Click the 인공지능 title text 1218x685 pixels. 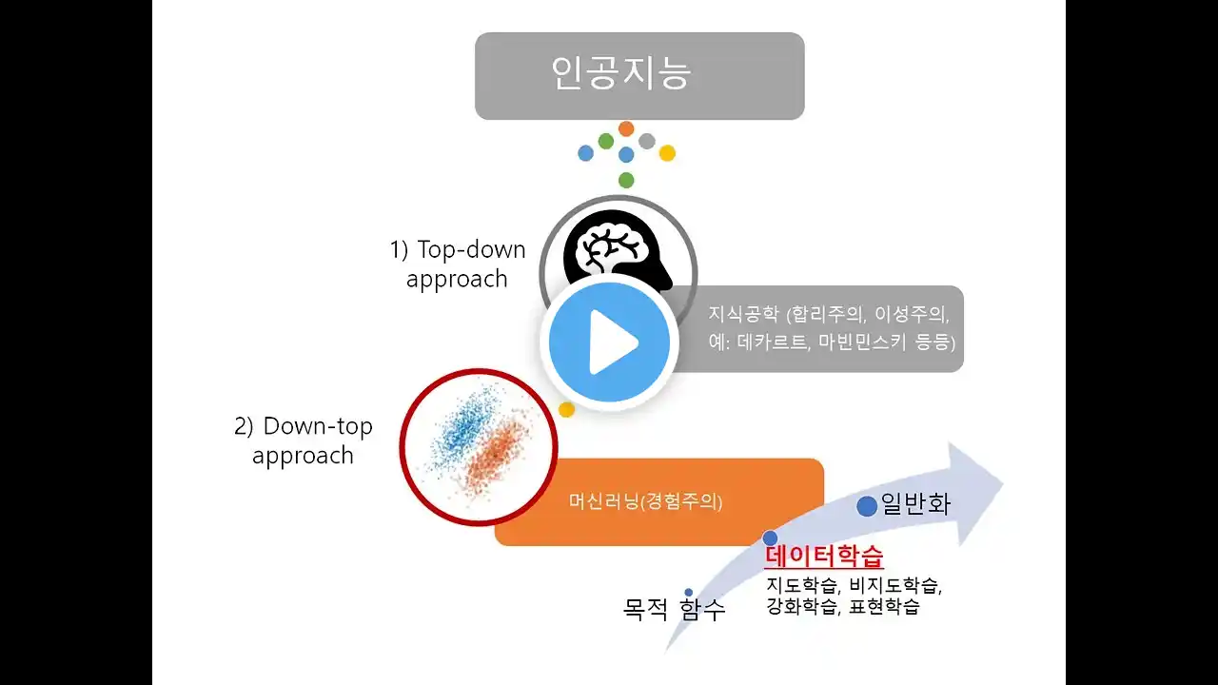pyautogui.click(x=621, y=73)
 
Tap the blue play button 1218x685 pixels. pyautogui.click(x=610, y=342)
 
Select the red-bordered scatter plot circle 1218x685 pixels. pyautogui.click(x=479, y=447)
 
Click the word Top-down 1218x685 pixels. pyautogui.click(x=471, y=249)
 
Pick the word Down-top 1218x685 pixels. pyautogui.click(x=318, y=426)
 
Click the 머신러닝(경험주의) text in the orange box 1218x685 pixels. pyautogui.click(x=645, y=501)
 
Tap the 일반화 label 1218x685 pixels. pyautogui.click(x=915, y=504)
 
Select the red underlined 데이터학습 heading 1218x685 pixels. pyautogui.click(x=824, y=556)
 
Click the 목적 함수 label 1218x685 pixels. pyautogui.click(x=674, y=610)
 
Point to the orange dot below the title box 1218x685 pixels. pyautogui.click(x=626, y=128)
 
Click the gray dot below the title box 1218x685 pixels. pyautogui.click(x=647, y=142)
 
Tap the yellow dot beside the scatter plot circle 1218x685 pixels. pyautogui.click(x=566, y=409)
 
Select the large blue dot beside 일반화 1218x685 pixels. pyautogui.click(x=867, y=506)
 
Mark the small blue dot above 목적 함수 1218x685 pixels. pyautogui.click(x=689, y=592)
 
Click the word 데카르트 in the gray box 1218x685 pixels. pyautogui.click(x=772, y=342)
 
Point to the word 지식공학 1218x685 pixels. pyautogui.click(x=743, y=314)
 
